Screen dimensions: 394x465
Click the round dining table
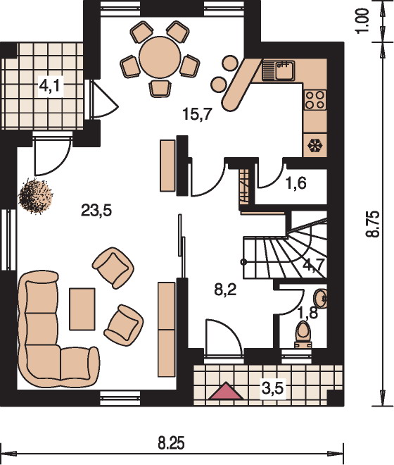click(160, 57)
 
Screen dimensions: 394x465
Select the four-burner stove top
click(315, 100)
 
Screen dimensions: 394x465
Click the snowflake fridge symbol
click(315, 145)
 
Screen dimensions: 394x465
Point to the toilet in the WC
click(303, 335)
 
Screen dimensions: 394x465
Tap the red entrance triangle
click(226, 391)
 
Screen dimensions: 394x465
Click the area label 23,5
click(96, 211)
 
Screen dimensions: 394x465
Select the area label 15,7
click(197, 114)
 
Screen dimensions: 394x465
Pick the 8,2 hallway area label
click(225, 290)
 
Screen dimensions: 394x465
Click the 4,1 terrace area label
click(50, 86)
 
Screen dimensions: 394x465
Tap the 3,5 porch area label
click(273, 388)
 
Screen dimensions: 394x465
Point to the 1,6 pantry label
click(296, 183)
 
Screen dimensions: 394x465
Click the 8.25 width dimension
click(171, 444)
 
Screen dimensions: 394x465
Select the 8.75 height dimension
click(372, 224)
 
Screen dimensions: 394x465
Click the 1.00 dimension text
click(362, 21)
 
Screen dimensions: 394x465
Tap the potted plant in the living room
click(36, 196)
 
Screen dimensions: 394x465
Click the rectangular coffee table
click(82, 309)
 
